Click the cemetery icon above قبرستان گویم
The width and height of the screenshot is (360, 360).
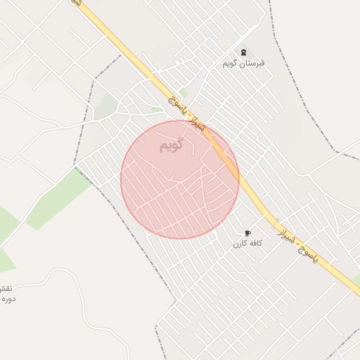244,53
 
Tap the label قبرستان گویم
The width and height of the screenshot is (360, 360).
244,63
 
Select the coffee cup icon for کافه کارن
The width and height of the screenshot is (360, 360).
247,233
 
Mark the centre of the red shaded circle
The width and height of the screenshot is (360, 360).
180,180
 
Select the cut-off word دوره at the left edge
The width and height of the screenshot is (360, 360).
7,300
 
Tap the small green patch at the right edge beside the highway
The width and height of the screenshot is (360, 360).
356,281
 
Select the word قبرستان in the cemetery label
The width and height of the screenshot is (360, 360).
254,63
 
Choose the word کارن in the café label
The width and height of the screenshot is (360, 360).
240,243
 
